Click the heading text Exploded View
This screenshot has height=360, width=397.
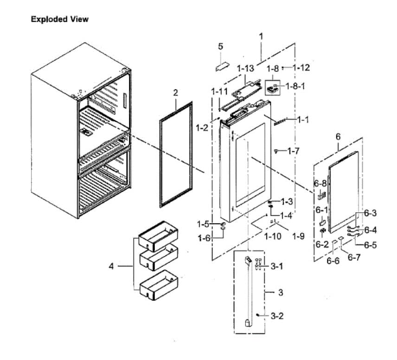pyautogui.click(x=59, y=19)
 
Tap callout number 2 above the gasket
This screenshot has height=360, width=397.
pyautogui.click(x=176, y=93)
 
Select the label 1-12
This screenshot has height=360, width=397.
pyautogui.click(x=301, y=67)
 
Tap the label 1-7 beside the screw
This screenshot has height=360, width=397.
pyautogui.click(x=294, y=151)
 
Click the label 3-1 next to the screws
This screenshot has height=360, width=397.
pyautogui.click(x=277, y=267)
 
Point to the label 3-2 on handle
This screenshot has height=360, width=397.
pyautogui.click(x=277, y=316)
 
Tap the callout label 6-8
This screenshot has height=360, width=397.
pyautogui.click(x=320, y=184)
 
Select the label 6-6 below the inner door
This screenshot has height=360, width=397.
pyautogui.click(x=333, y=261)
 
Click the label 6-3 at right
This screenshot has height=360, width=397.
pyautogui.click(x=370, y=213)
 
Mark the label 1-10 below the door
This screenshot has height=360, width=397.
pyautogui.click(x=273, y=236)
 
